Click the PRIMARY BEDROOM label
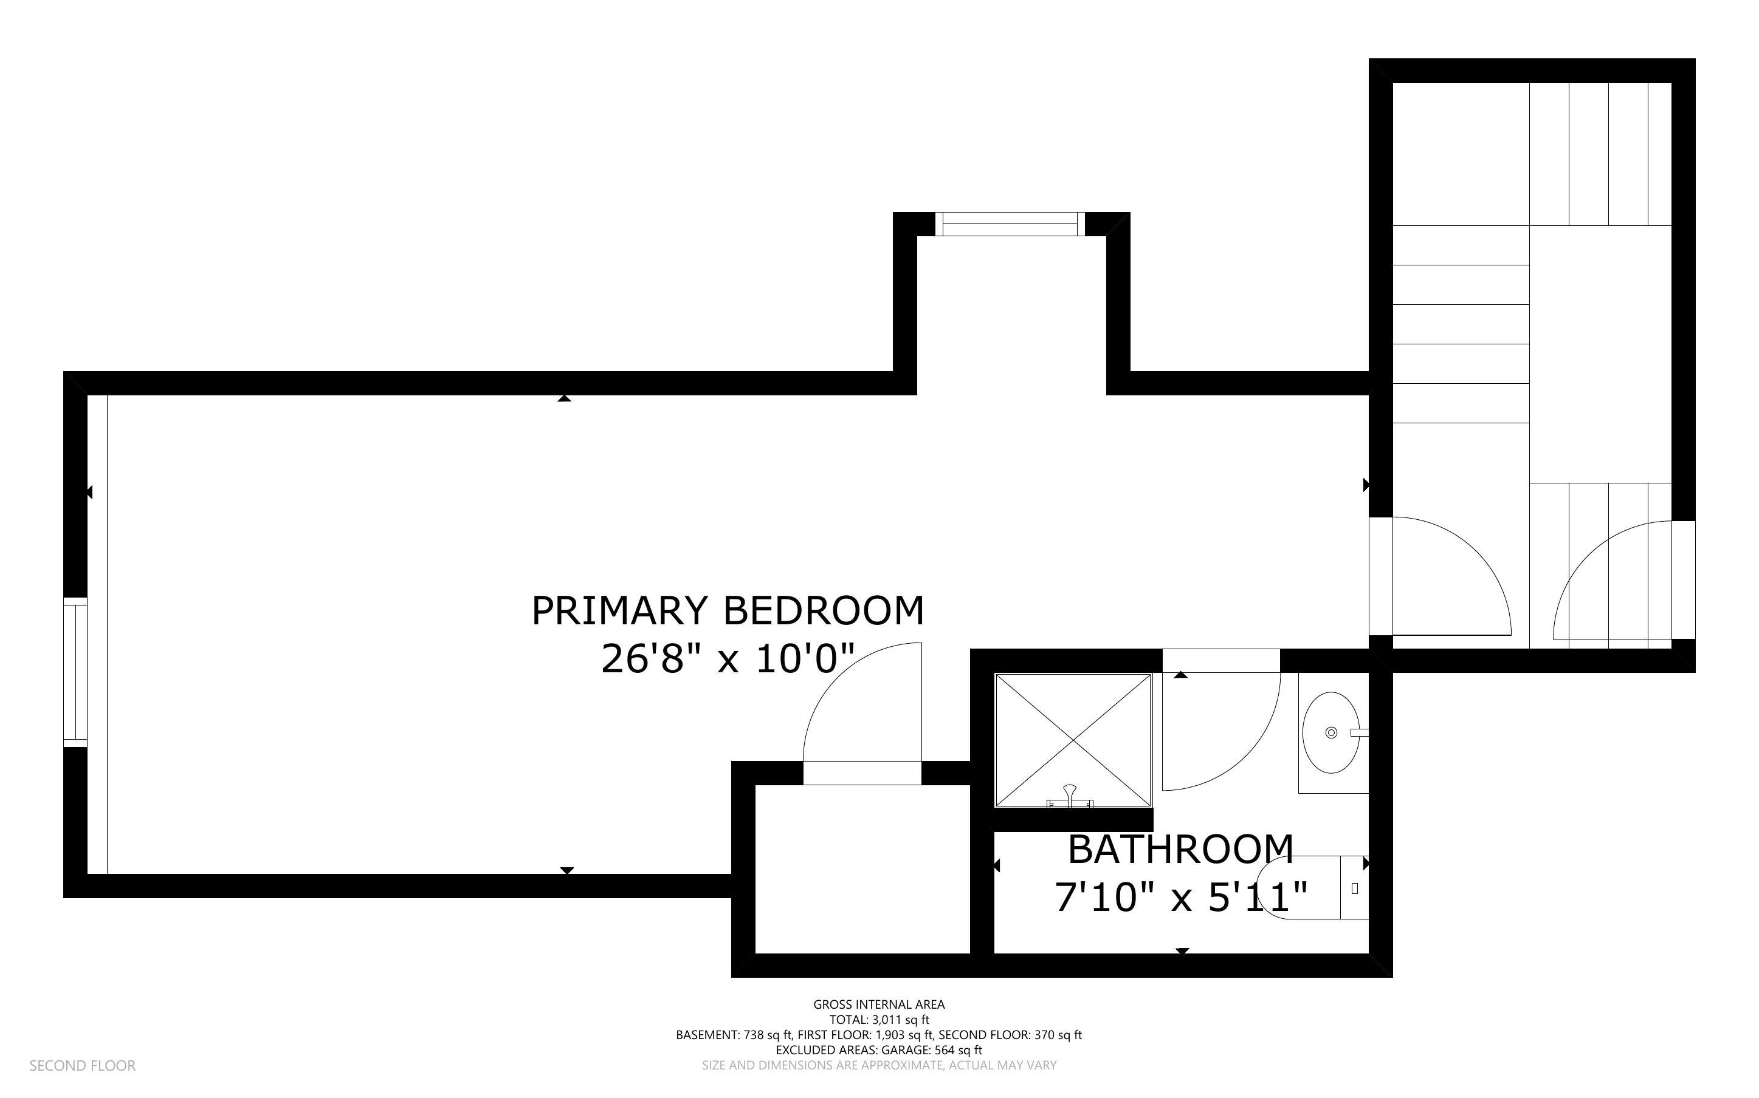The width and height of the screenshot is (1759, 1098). click(x=728, y=611)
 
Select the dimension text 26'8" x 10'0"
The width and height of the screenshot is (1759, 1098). click(x=728, y=660)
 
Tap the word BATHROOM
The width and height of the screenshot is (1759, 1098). click(x=1180, y=850)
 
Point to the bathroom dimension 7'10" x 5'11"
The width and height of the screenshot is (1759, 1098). click(x=1180, y=898)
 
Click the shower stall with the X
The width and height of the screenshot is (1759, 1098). click(x=1073, y=739)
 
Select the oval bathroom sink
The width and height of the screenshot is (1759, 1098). click(x=1331, y=733)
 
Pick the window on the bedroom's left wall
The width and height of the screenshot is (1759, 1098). click(x=75, y=672)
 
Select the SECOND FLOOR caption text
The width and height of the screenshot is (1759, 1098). click(x=82, y=1066)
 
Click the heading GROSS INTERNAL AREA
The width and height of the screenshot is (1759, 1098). click(x=878, y=1005)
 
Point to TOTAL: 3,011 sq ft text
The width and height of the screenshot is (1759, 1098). click(x=878, y=1020)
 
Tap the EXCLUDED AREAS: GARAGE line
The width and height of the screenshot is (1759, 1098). click(x=878, y=1050)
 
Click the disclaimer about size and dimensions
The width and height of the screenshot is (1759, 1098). click(x=878, y=1065)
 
